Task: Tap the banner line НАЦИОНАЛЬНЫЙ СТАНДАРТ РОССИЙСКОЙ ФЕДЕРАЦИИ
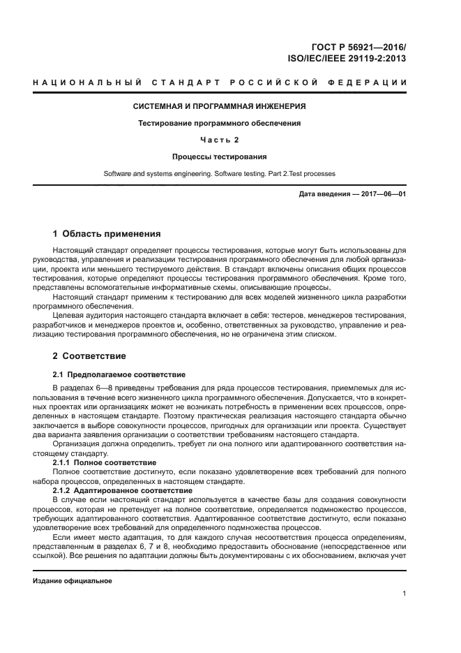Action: [x=220, y=83]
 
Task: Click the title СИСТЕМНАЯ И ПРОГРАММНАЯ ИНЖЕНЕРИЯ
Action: [x=220, y=107]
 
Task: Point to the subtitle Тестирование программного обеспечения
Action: [x=220, y=123]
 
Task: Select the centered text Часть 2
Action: [x=220, y=140]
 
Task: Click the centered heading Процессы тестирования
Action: [x=220, y=156]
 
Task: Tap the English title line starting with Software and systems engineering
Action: [x=220, y=173]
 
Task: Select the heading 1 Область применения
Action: [x=107, y=233]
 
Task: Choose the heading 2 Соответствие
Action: [x=89, y=356]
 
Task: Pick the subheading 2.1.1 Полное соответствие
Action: [x=105, y=463]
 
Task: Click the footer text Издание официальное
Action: [x=73, y=581]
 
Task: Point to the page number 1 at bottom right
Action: [x=404, y=594]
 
